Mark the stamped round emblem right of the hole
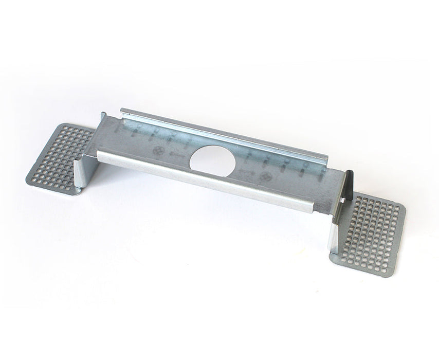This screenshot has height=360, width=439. click(266, 177)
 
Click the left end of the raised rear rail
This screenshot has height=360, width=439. click(122, 111)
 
